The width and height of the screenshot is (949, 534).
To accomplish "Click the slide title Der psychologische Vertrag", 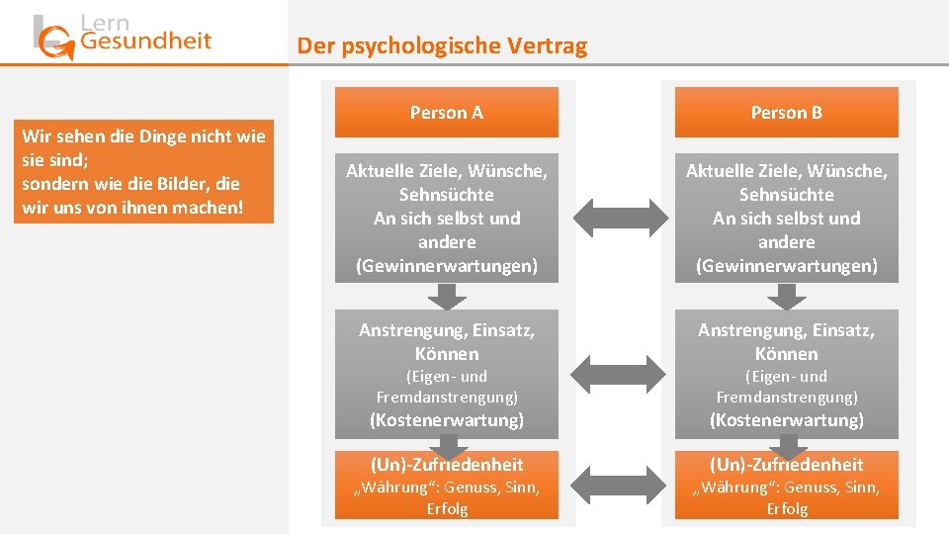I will pyautogui.click(x=442, y=45).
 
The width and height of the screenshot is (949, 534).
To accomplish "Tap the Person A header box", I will pyautogui.click(x=447, y=113).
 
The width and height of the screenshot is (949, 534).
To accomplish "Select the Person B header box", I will pyautogui.click(x=786, y=113).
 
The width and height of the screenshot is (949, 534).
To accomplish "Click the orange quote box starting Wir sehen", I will pyautogui.click(x=143, y=171).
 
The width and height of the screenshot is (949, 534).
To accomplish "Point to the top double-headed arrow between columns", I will pyautogui.click(x=618, y=217).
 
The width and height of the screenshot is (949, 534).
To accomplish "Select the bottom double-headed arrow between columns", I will pyautogui.click(x=618, y=486).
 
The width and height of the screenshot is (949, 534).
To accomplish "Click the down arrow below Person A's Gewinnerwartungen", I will pyautogui.click(x=447, y=296).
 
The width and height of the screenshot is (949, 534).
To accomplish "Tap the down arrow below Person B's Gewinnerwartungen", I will pyautogui.click(x=787, y=296).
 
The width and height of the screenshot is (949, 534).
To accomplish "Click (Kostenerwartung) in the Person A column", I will pyautogui.click(x=447, y=420).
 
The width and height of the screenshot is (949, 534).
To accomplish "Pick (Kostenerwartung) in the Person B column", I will pyautogui.click(x=787, y=420).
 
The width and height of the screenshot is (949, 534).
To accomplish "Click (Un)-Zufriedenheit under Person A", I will pyautogui.click(x=447, y=464).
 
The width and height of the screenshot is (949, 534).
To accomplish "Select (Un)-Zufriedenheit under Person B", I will pyautogui.click(x=787, y=464).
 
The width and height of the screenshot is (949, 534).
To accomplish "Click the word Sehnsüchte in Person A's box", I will pyautogui.click(x=447, y=195).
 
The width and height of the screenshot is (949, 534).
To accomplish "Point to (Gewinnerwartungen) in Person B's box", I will pyautogui.click(x=787, y=266).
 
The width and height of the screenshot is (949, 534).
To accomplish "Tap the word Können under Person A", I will pyautogui.click(x=447, y=353).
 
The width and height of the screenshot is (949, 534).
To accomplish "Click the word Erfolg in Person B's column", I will pyautogui.click(x=787, y=508).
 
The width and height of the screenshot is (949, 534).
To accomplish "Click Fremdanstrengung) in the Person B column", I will pyautogui.click(x=787, y=397).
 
